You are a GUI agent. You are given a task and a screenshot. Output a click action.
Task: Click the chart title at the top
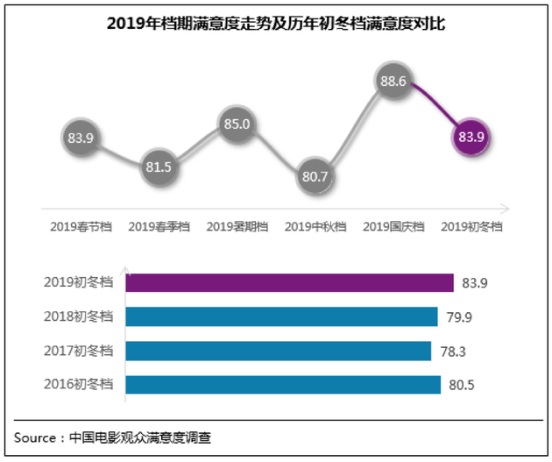coord(276,25)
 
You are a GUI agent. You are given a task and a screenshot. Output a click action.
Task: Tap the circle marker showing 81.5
coord(159,167)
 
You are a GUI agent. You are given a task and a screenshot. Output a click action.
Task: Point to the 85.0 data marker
coord(237,124)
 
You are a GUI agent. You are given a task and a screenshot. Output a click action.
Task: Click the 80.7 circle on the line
coord(314,176)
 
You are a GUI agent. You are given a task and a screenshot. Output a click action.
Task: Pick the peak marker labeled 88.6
coord(392,82)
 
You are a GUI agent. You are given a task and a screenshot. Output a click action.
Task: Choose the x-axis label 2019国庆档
coord(393,226)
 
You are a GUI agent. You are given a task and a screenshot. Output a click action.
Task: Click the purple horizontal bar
coord(289,282)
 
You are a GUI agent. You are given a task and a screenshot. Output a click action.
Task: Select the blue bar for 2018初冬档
coord(281,316)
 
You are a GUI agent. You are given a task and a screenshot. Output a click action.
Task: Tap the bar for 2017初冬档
coord(278,351)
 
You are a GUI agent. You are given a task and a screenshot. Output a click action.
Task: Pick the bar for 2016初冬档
coord(283,385)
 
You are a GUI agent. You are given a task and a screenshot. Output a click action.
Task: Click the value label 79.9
coord(460,316)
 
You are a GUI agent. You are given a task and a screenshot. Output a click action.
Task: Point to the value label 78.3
coord(454,351)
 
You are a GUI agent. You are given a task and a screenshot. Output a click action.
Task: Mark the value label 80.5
coord(463,385)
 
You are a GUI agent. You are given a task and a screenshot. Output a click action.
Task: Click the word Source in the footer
coord(35,437)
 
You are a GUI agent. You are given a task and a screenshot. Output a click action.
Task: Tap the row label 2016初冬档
coord(79,385)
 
